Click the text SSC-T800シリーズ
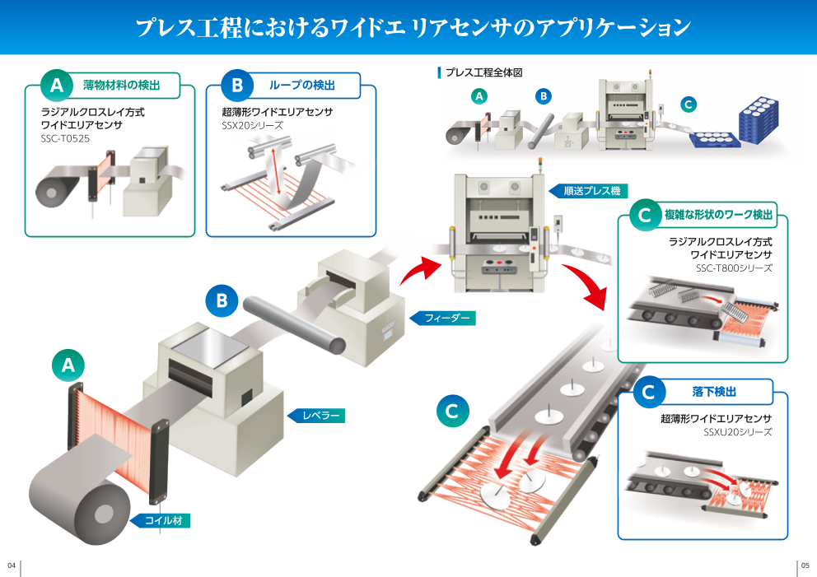[x=734, y=268]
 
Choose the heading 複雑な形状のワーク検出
[x=718, y=215]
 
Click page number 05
[x=805, y=565]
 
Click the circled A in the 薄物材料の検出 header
[x=57, y=84]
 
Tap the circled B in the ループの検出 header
[x=237, y=84]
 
